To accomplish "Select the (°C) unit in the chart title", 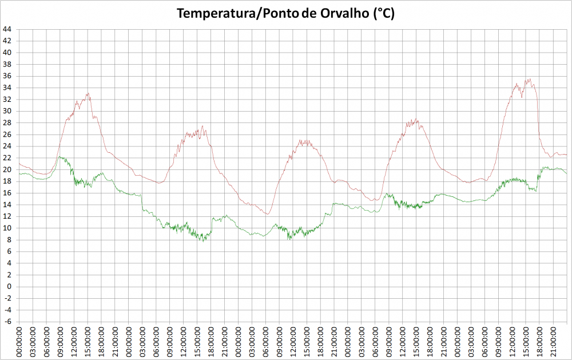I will pyautogui.click(x=383, y=14).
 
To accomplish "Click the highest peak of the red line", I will pyautogui.click(x=530, y=79).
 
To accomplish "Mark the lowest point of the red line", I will pyautogui.click(x=267, y=214).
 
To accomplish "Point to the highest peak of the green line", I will pyautogui.click(x=60, y=156).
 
